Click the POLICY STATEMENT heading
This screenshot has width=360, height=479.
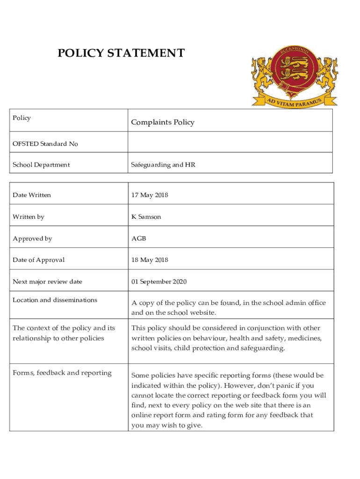point(121,53)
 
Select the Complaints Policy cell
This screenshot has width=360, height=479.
point(163,123)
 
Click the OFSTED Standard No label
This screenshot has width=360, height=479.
point(45,144)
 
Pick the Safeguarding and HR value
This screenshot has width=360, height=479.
point(163,165)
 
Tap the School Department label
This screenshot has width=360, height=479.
point(41,165)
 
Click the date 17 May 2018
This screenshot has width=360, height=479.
point(150,195)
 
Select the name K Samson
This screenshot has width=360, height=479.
point(146,217)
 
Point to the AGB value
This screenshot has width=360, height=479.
point(139,239)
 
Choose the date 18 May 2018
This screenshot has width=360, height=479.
point(150,260)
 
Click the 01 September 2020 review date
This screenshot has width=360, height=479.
point(159,282)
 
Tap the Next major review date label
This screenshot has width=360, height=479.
point(47,282)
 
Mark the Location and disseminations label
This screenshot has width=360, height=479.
point(55,300)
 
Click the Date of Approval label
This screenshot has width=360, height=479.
point(39,260)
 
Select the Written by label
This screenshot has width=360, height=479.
point(29,217)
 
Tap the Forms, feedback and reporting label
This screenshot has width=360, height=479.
point(62,373)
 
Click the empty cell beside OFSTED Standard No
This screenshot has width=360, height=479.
point(230,144)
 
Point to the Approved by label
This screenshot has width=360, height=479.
point(32,239)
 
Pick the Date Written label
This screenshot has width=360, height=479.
point(32,195)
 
